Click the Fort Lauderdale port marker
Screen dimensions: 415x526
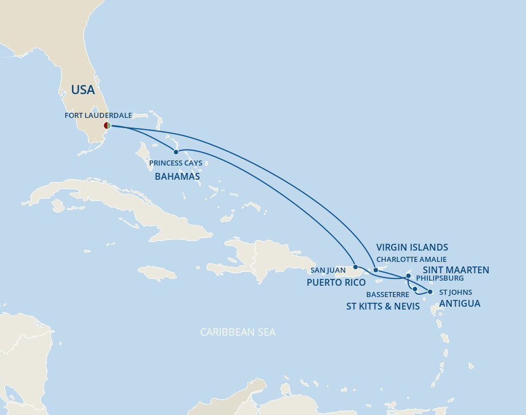[107, 125]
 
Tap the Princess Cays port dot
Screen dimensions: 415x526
[176, 152]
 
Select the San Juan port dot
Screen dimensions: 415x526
[355, 267]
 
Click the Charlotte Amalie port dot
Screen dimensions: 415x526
[376, 270]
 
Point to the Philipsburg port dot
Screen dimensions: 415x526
[408, 277]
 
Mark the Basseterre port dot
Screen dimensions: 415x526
[415, 289]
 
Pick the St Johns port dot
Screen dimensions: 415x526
[430, 292]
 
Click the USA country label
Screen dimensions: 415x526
[83, 90]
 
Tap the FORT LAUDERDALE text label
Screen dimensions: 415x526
[98, 115]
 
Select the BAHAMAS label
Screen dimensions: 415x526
[177, 176]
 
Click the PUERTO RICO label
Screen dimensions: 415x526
[336, 282]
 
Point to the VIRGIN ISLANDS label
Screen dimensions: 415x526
[412, 247]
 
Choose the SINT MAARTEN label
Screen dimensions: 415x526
[456, 270]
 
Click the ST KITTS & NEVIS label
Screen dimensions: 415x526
[383, 306]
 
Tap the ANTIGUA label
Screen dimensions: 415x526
[459, 303]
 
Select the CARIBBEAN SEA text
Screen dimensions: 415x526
[237, 332]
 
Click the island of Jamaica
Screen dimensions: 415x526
[157, 273]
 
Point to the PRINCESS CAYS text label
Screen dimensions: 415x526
[176, 163]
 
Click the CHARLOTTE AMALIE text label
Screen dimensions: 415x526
[412, 260]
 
